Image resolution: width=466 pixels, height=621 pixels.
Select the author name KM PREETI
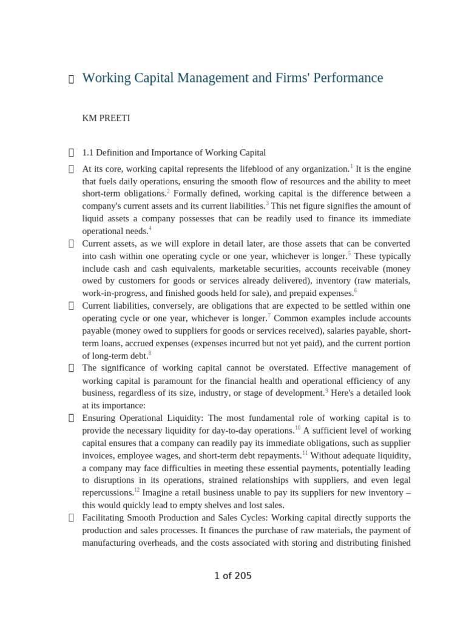pos(106,118)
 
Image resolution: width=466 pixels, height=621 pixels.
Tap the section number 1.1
pos(88,153)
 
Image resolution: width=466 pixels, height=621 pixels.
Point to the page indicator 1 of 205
pos(232,576)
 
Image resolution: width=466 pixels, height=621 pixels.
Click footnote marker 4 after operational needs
pos(150,229)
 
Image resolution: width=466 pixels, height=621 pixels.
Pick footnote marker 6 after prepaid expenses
pos(356,290)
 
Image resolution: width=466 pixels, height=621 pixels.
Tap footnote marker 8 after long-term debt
pos(150,353)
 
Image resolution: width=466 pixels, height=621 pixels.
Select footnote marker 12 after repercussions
pos(137,489)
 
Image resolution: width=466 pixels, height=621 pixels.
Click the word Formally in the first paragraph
pos(191,193)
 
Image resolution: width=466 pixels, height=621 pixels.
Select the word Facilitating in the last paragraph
pos(107,517)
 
